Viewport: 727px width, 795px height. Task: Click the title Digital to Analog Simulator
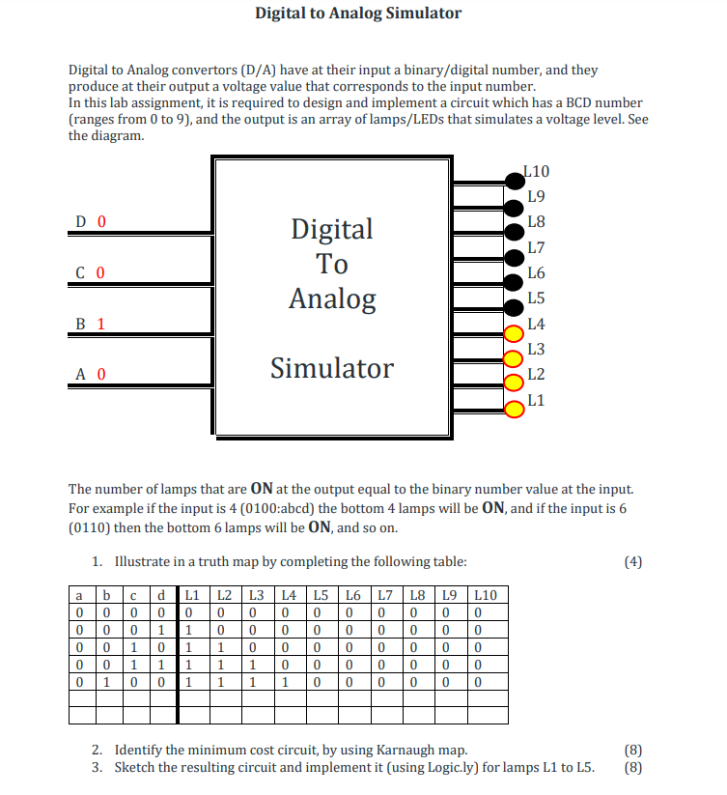(x=358, y=14)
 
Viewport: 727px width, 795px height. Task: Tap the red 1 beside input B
(x=100, y=324)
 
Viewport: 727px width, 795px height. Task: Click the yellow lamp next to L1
(x=515, y=408)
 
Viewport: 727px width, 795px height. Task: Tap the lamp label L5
(x=536, y=298)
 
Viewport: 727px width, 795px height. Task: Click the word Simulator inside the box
(x=332, y=368)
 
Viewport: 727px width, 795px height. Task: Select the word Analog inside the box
(x=332, y=298)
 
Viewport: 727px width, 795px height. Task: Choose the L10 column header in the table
(x=486, y=595)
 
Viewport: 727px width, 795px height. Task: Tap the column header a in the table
(x=78, y=595)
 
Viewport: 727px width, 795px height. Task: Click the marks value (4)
(x=632, y=561)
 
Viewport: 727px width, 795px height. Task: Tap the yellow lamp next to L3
(x=515, y=357)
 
